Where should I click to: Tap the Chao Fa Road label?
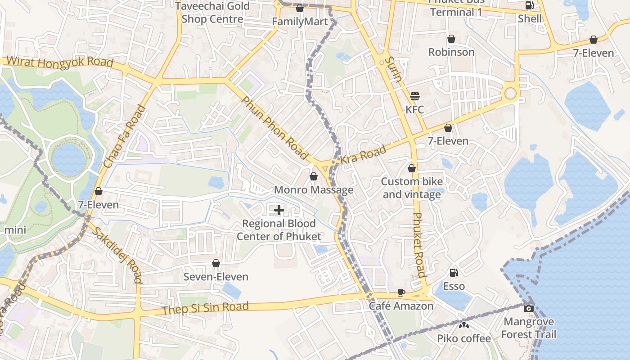(125, 137)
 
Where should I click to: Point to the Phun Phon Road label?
(275, 128)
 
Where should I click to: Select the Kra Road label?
(363, 154)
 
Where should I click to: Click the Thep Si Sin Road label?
(205, 308)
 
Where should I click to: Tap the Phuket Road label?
(419, 245)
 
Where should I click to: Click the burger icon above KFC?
(415, 96)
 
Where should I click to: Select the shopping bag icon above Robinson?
(451, 39)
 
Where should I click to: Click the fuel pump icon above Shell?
(530, 6)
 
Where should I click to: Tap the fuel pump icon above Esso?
(454, 273)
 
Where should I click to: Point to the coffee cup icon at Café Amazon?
(401, 293)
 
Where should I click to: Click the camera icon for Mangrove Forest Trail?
(529, 308)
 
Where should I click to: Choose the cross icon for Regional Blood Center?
(279, 210)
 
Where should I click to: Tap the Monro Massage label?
(314, 190)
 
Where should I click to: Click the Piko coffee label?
(464, 338)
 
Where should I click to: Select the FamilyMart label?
(300, 22)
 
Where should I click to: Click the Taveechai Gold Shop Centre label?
(212, 13)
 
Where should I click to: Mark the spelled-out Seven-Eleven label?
(216, 277)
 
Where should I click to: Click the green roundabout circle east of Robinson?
(510, 93)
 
